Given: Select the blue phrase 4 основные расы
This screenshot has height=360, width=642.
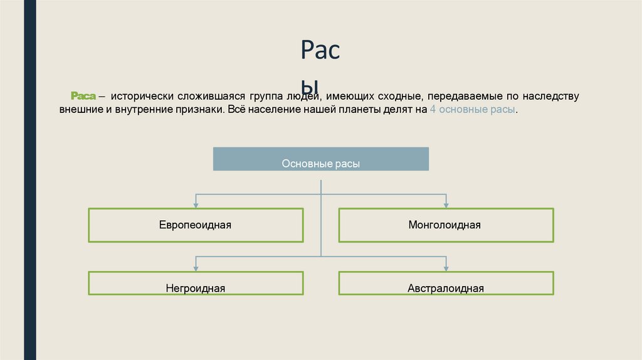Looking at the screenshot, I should pyautogui.click(x=473, y=110).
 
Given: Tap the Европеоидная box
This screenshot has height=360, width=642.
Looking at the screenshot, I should pyautogui.click(x=196, y=225).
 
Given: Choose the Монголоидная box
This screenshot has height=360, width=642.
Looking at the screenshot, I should pyautogui.click(x=446, y=225).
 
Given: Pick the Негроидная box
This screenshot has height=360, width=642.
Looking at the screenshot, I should pyautogui.click(x=196, y=283).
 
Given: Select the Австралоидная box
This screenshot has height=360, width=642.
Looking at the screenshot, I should pyautogui.click(x=446, y=283).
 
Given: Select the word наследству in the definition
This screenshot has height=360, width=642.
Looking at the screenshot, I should pyautogui.click(x=552, y=97).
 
